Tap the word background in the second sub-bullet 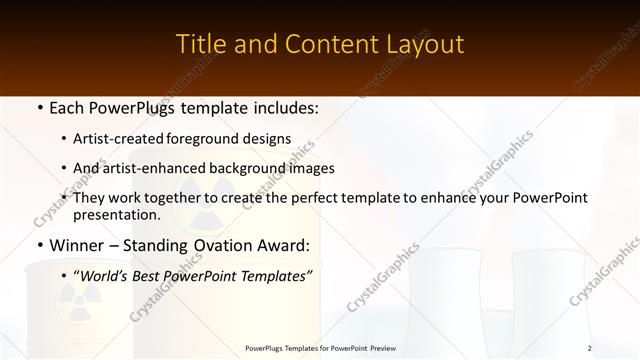(239, 168)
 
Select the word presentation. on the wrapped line (116, 214)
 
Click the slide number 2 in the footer (590, 348)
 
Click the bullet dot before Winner (38, 245)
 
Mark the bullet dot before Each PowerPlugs (38, 108)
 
